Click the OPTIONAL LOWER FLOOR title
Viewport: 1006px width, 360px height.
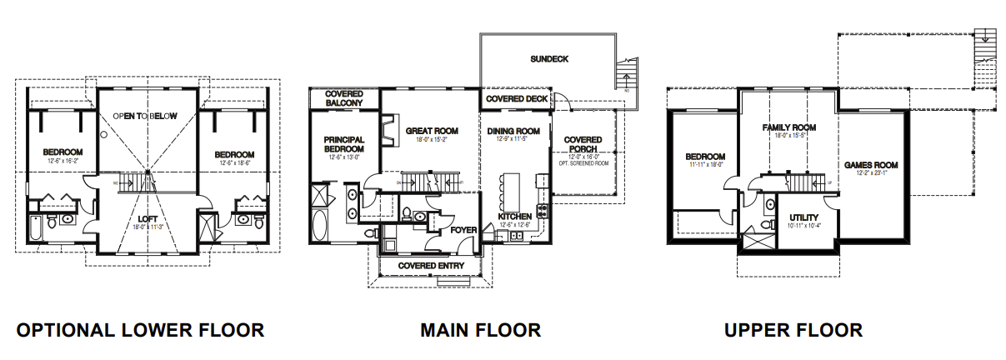click(140, 330)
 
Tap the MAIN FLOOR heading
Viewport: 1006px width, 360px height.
click(480, 330)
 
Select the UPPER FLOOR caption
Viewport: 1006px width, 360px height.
click(793, 330)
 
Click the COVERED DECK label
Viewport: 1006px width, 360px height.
click(518, 99)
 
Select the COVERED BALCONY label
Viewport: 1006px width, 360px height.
click(344, 98)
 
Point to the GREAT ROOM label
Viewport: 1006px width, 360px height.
click(433, 131)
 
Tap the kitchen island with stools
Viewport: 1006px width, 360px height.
click(511, 187)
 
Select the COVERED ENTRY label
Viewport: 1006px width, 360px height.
click(431, 265)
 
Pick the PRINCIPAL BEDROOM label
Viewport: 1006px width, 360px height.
click(343, 143)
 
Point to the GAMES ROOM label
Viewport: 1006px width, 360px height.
click(870, 164)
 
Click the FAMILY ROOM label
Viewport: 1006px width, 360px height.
click(788, 127)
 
